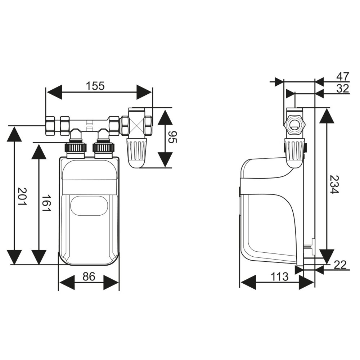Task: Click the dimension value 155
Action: pos(95,86)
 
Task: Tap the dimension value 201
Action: pos(22,197)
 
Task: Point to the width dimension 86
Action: pos(89,276)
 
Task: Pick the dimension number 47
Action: pos(342,76)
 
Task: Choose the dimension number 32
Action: pos(342,89)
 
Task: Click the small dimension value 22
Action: pos(340,265)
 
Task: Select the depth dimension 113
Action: pos(280,276)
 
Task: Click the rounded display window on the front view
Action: pos(89,206)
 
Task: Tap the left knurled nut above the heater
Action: pos(75,147)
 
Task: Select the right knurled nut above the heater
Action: pos(103,147)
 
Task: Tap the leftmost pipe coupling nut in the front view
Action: pos(50,126)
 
